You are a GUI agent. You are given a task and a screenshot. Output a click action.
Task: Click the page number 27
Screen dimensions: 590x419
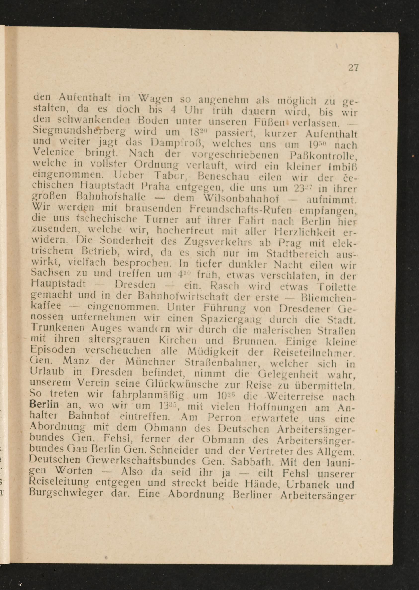[353, 68]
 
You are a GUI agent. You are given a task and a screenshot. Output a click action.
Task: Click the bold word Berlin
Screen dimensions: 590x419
[44, 404]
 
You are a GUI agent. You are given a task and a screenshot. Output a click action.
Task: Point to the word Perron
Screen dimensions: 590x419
[224, 418]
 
